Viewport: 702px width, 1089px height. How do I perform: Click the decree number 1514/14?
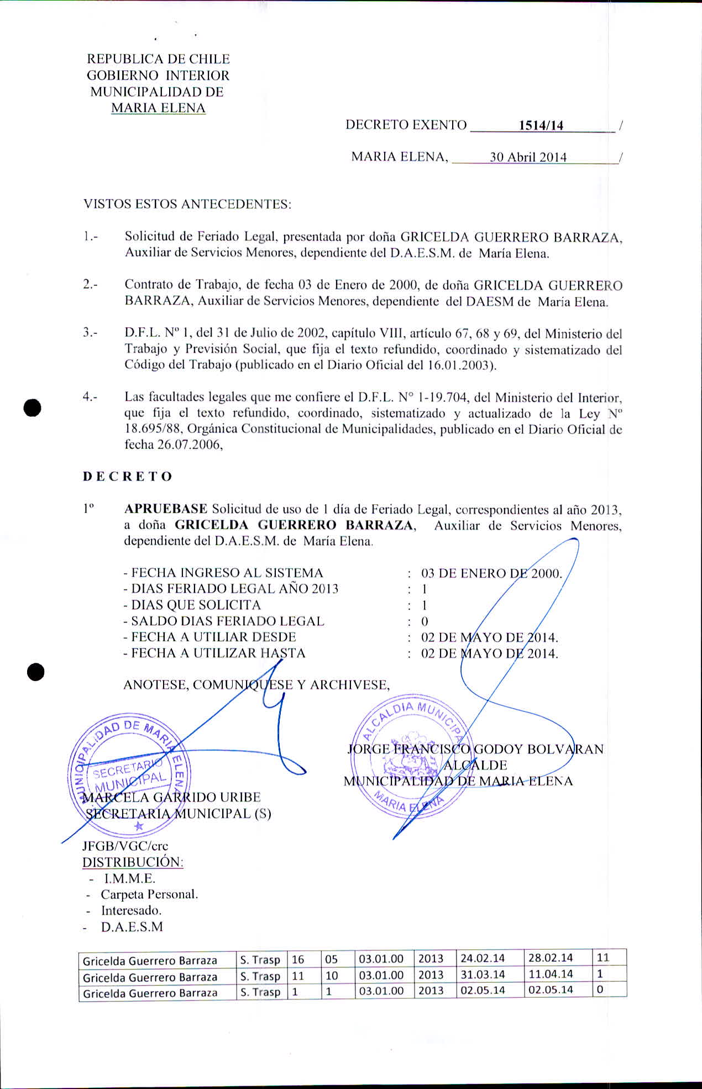click(541, 125)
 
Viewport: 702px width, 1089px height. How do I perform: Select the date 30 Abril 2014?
click(528, 158)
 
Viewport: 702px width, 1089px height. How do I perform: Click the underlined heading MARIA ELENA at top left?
click(158, 108)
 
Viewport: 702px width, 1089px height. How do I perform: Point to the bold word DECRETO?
click(128, 477)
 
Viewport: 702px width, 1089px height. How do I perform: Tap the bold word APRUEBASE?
click(166, 509)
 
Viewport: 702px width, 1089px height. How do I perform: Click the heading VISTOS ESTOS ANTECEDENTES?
click(187, 204)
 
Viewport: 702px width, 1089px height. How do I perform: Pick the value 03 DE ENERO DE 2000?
click(491, 573)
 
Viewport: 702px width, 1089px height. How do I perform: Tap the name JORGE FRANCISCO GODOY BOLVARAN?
click(475, 750)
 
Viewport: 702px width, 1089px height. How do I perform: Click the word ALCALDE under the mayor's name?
click(475, 766)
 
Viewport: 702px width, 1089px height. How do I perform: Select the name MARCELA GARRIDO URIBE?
click(171, 797)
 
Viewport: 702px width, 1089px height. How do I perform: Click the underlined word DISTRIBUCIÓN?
click(133, 862)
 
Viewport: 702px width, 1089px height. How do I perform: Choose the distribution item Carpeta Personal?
click(149, 894)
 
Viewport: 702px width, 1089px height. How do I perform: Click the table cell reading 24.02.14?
click(483, 958)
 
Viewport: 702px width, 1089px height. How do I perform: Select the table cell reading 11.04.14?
click(551, 974)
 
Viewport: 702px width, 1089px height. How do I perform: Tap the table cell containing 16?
click(298, 959)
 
